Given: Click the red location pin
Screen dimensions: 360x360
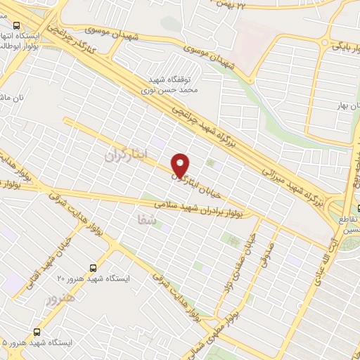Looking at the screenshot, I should click(181, 165).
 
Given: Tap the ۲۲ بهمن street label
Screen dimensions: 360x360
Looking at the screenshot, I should click(232, 6).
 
